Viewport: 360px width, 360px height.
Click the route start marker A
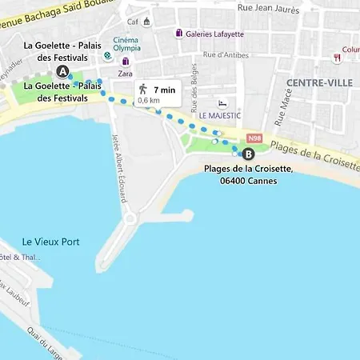pyautogui.click(x=63, y=72)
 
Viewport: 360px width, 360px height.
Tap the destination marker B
pyautogui.click(x=248, y=154)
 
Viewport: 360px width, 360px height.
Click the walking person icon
pyautogui.click(x=142, y=89)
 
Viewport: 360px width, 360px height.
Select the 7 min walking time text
pyautogui.click(x=165, y=89)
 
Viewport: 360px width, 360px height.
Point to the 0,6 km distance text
pyautogui.click(x=149, y=101)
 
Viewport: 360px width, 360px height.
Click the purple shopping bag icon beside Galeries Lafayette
pyautogui.click(x=179, y=33)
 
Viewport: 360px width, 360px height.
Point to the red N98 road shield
pyautogui.click(x=255, y=137)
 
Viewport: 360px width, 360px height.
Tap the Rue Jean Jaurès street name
pyautogui.click(x=268, y=10)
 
